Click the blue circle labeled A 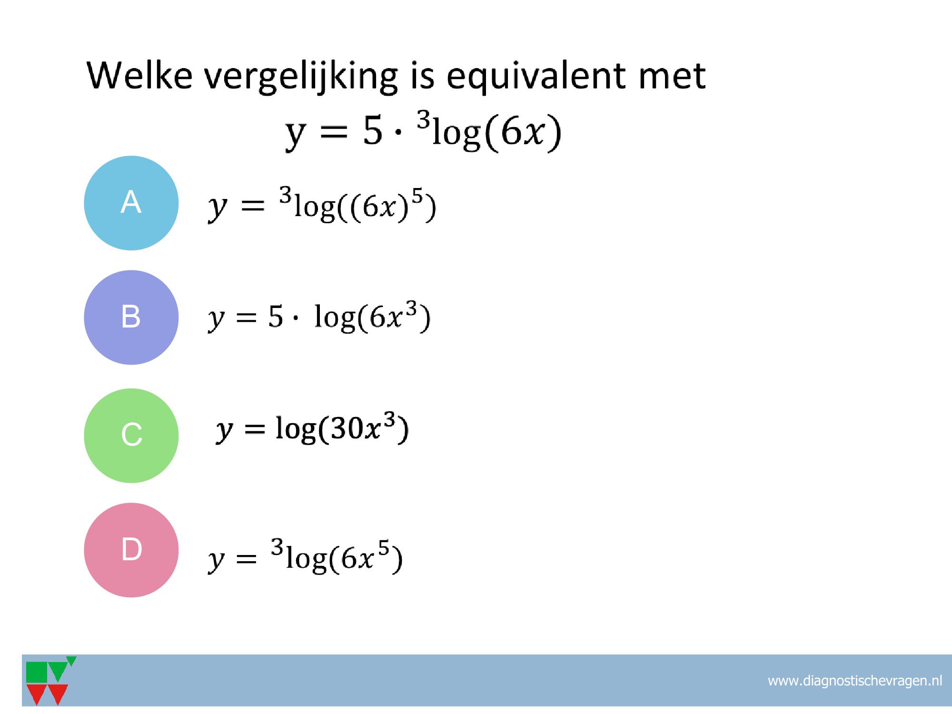[131, 203]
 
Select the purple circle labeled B [131, 317]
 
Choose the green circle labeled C [131, 436]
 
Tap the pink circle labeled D [131, 550]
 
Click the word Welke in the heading [140, 75]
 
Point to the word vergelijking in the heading [301, 78]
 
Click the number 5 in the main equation [372, 131]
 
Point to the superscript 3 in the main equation [424, 121]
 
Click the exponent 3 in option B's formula [412, 309]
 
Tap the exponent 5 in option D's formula [384, 550]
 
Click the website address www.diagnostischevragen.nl [854, 681]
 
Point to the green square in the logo [37, 672]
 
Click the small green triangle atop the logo [71, 661]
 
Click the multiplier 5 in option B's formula [275, 317]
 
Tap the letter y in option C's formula [224, 432]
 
